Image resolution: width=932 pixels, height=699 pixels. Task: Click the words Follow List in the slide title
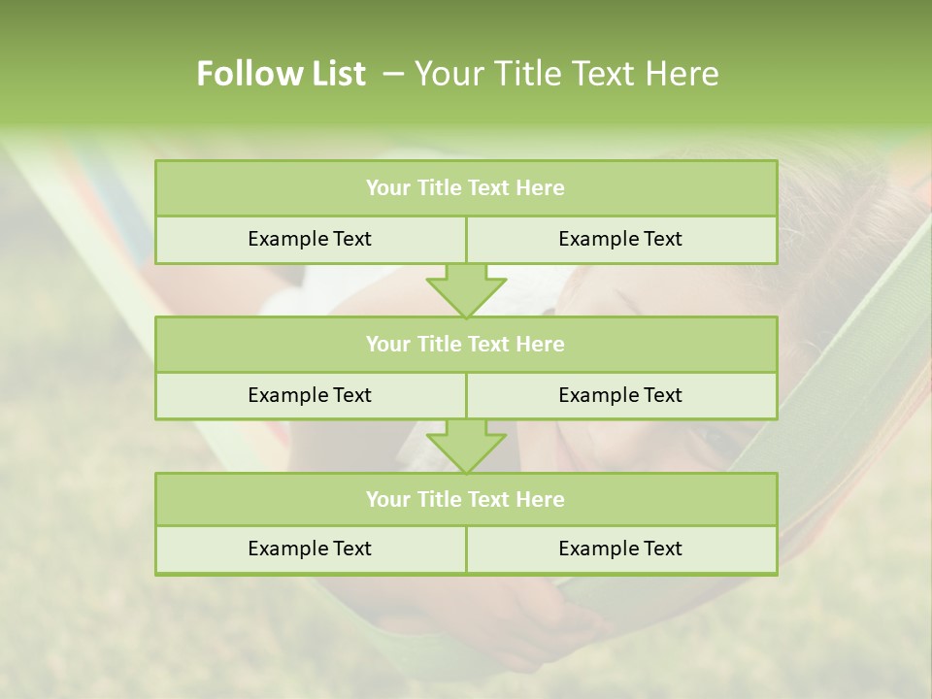click(x=282, y=74)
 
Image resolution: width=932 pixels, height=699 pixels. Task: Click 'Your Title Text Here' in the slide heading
click(x=567, y=74)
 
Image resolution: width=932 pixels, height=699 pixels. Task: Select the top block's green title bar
click(x=466, y=188)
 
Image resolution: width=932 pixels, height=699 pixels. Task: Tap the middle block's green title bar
click(x=466, y=344)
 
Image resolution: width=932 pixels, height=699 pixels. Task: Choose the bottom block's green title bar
click(x=466, y=499)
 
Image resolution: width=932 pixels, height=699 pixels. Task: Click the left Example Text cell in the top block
click(x=310, y=239)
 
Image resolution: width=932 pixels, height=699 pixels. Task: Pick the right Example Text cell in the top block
click(x=620, y=239)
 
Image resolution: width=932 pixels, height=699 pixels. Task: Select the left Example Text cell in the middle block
click(x=310, y=395)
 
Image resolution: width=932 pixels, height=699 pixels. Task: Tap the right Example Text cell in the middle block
click(x=620, y=395)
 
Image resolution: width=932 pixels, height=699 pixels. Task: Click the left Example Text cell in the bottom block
click(x=310, y=549)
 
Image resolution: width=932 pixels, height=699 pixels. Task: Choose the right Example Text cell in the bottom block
click(x=620, y=549)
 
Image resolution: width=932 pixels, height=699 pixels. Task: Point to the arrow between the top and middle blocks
click(x=466, y=290)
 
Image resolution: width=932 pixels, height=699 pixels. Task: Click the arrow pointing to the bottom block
click(x=466, y=447)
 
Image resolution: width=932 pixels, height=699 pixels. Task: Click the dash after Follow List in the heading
click(x=393, y=74)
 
